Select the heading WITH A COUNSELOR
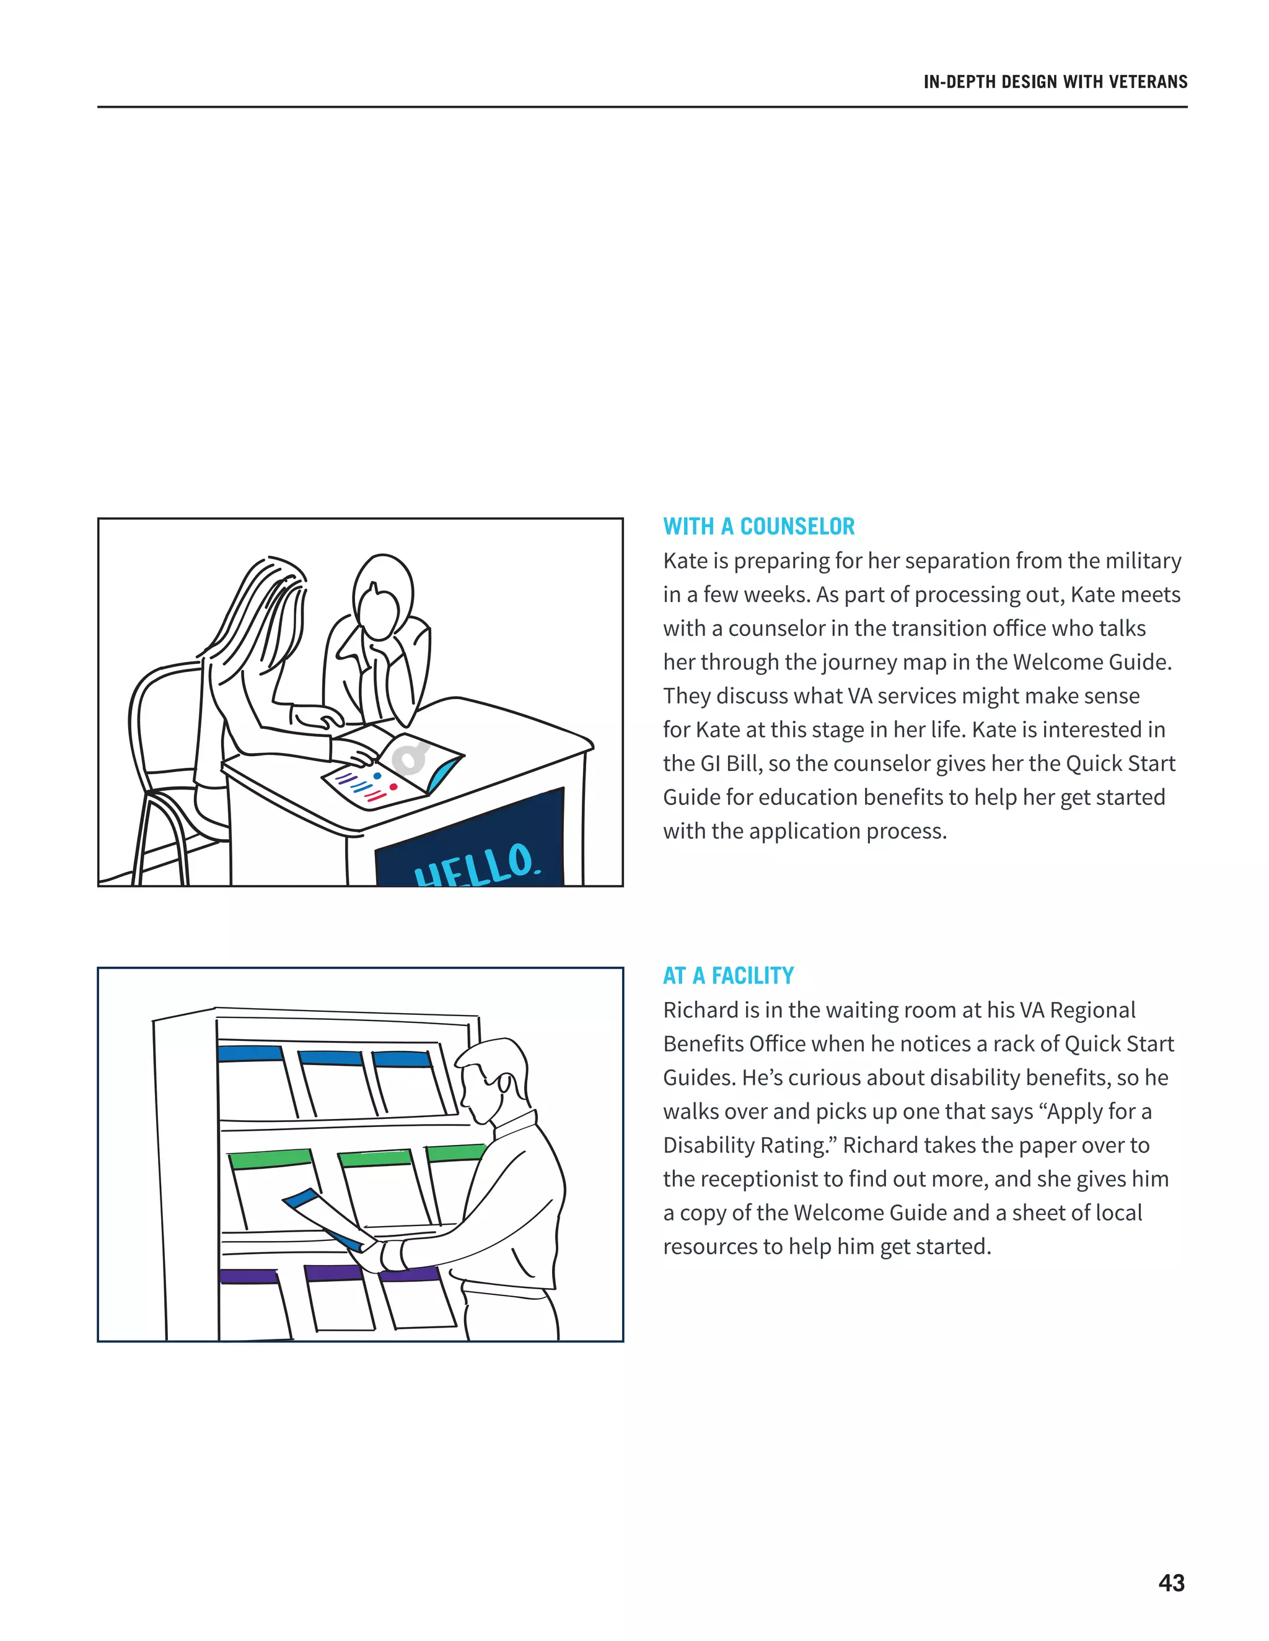click(758, 527)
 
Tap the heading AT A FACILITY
click(727, 975)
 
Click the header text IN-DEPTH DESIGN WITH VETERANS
click(1055, 82)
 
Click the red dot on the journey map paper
click(393, 786)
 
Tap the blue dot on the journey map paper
click(377, 775)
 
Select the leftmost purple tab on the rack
click(248, 1275)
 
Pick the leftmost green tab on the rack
click(269, 1159)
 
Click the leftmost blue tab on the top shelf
click(250, 1053)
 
